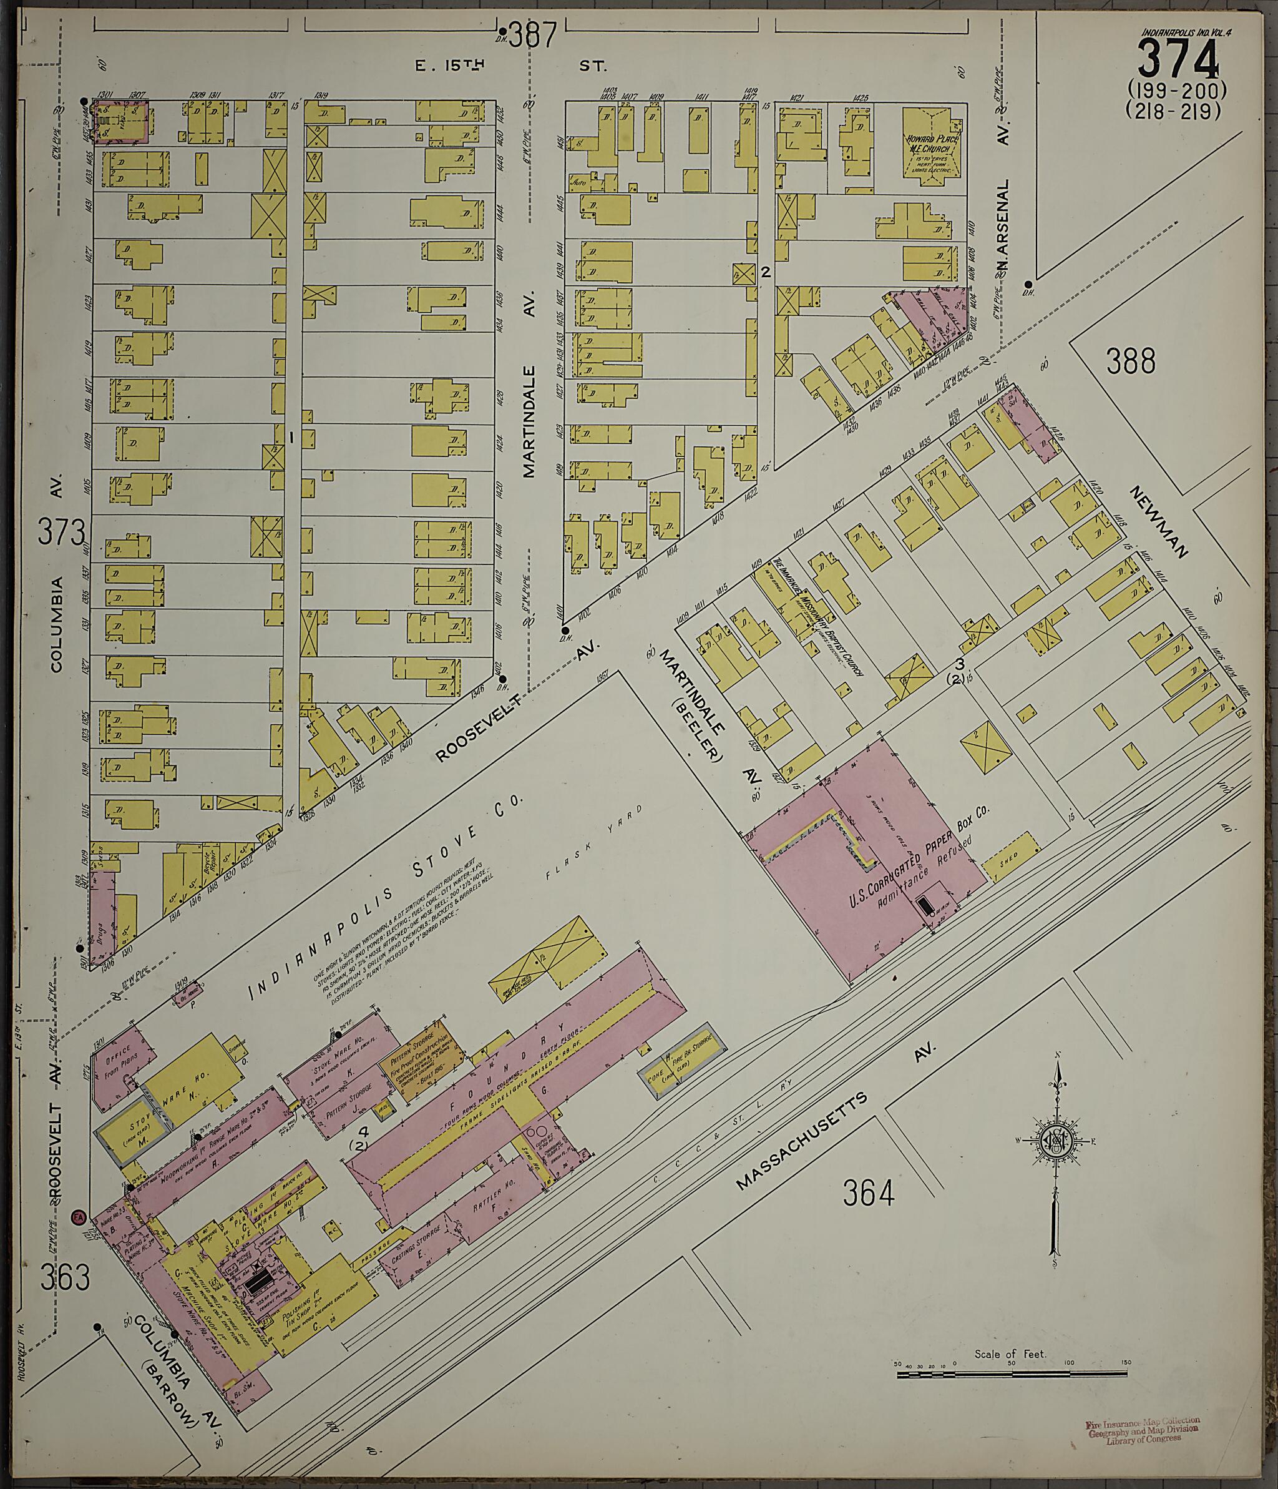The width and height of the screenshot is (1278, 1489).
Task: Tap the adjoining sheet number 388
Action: coord(1131,361)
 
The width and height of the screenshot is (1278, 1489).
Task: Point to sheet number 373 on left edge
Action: coord(62,533)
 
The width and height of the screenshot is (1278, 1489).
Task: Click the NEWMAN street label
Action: coord(1159,522)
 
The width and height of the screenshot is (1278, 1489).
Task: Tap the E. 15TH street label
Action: coord(451,66)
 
